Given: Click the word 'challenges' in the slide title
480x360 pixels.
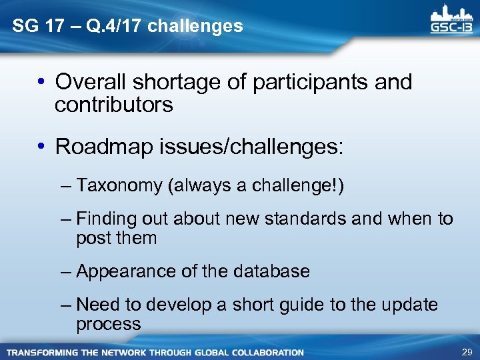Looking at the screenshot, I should point(195,27).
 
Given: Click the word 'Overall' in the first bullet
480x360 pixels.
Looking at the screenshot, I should point(93,82).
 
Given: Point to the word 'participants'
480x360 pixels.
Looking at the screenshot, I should point(295,83).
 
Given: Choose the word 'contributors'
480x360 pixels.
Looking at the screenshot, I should point(114,105).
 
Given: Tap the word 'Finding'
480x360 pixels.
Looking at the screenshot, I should point(109,219).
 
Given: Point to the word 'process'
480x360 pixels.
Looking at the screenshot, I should point(109,324).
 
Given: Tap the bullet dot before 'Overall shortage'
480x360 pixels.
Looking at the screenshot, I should point(41,83).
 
